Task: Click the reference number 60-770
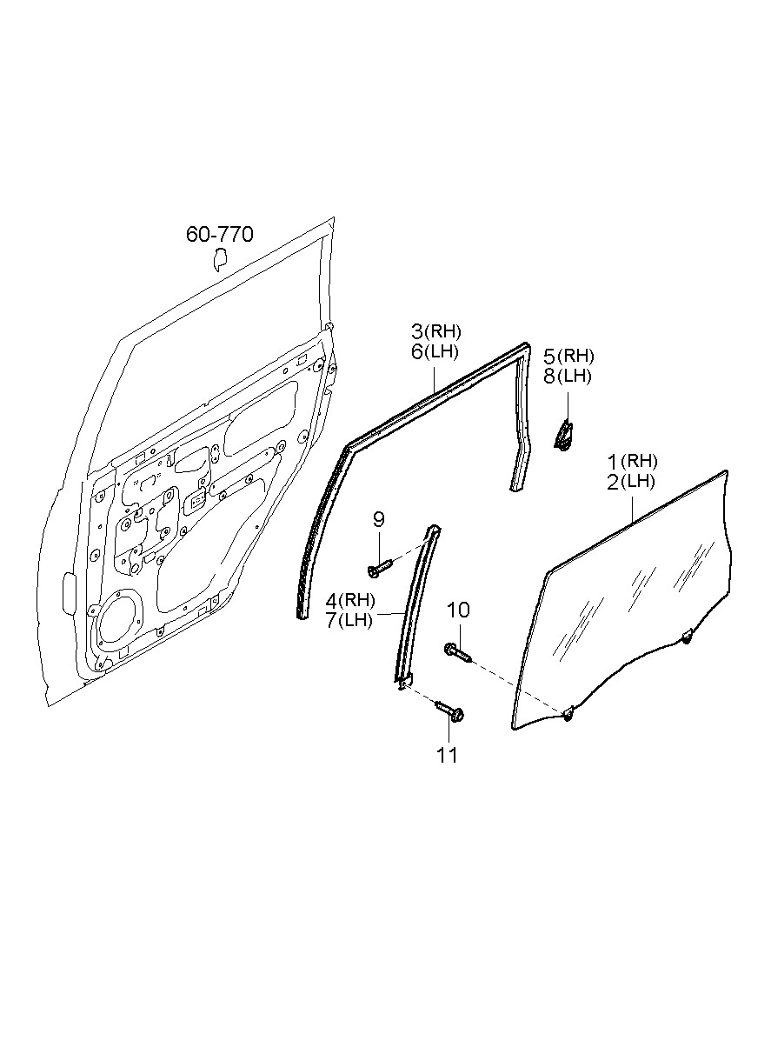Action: (219, 234)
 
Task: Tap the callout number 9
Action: (378, 520)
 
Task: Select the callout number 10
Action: (458, 610)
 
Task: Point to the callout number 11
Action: (447, 756)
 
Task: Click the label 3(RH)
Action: (435, 331)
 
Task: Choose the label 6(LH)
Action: (435, 351)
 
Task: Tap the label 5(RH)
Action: (568, 355)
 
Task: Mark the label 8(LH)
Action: (568, 376)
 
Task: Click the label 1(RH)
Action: (632, 461)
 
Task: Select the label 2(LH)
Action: (632, 481)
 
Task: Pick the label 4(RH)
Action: (350, 600)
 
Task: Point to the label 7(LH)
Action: (350, 620)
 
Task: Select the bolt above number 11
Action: (451, 711)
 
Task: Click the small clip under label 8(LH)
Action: (564, 435)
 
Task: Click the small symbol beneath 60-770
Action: (219, 259)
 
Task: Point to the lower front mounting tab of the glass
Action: (568, 714)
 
